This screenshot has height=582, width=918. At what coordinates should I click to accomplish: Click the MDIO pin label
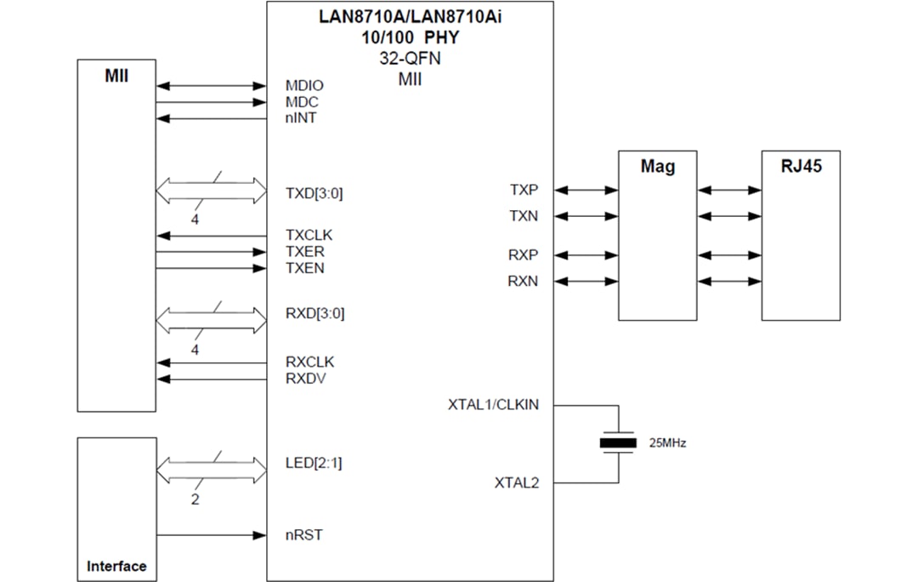point(304,86)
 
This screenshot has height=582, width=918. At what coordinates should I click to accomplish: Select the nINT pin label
point(301,118)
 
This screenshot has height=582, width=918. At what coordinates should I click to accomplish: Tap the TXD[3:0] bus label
point(314,193)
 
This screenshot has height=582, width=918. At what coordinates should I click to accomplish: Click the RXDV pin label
point(305,379)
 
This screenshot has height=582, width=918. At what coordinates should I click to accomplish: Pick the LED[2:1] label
point(314,464)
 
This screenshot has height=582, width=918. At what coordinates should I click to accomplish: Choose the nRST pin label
point(303,535)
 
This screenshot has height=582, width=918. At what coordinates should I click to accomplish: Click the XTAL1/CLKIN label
point(493,405)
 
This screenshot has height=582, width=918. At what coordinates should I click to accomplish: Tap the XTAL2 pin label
point(517,483)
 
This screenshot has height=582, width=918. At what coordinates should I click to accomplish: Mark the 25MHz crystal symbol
point(618,442)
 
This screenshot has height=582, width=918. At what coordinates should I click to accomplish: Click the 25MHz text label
point(667,443)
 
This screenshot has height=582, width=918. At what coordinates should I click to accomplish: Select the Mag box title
point(657,167)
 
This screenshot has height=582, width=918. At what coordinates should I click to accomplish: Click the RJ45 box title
point(801,167)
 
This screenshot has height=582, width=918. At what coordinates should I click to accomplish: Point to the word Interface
point(116,566)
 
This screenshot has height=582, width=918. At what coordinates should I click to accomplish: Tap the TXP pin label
point(524,190)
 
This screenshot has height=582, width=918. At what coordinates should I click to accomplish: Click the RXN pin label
point(524,282)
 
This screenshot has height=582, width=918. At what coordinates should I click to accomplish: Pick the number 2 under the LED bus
point(195,499)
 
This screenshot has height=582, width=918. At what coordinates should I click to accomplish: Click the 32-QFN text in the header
point(410,60)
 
